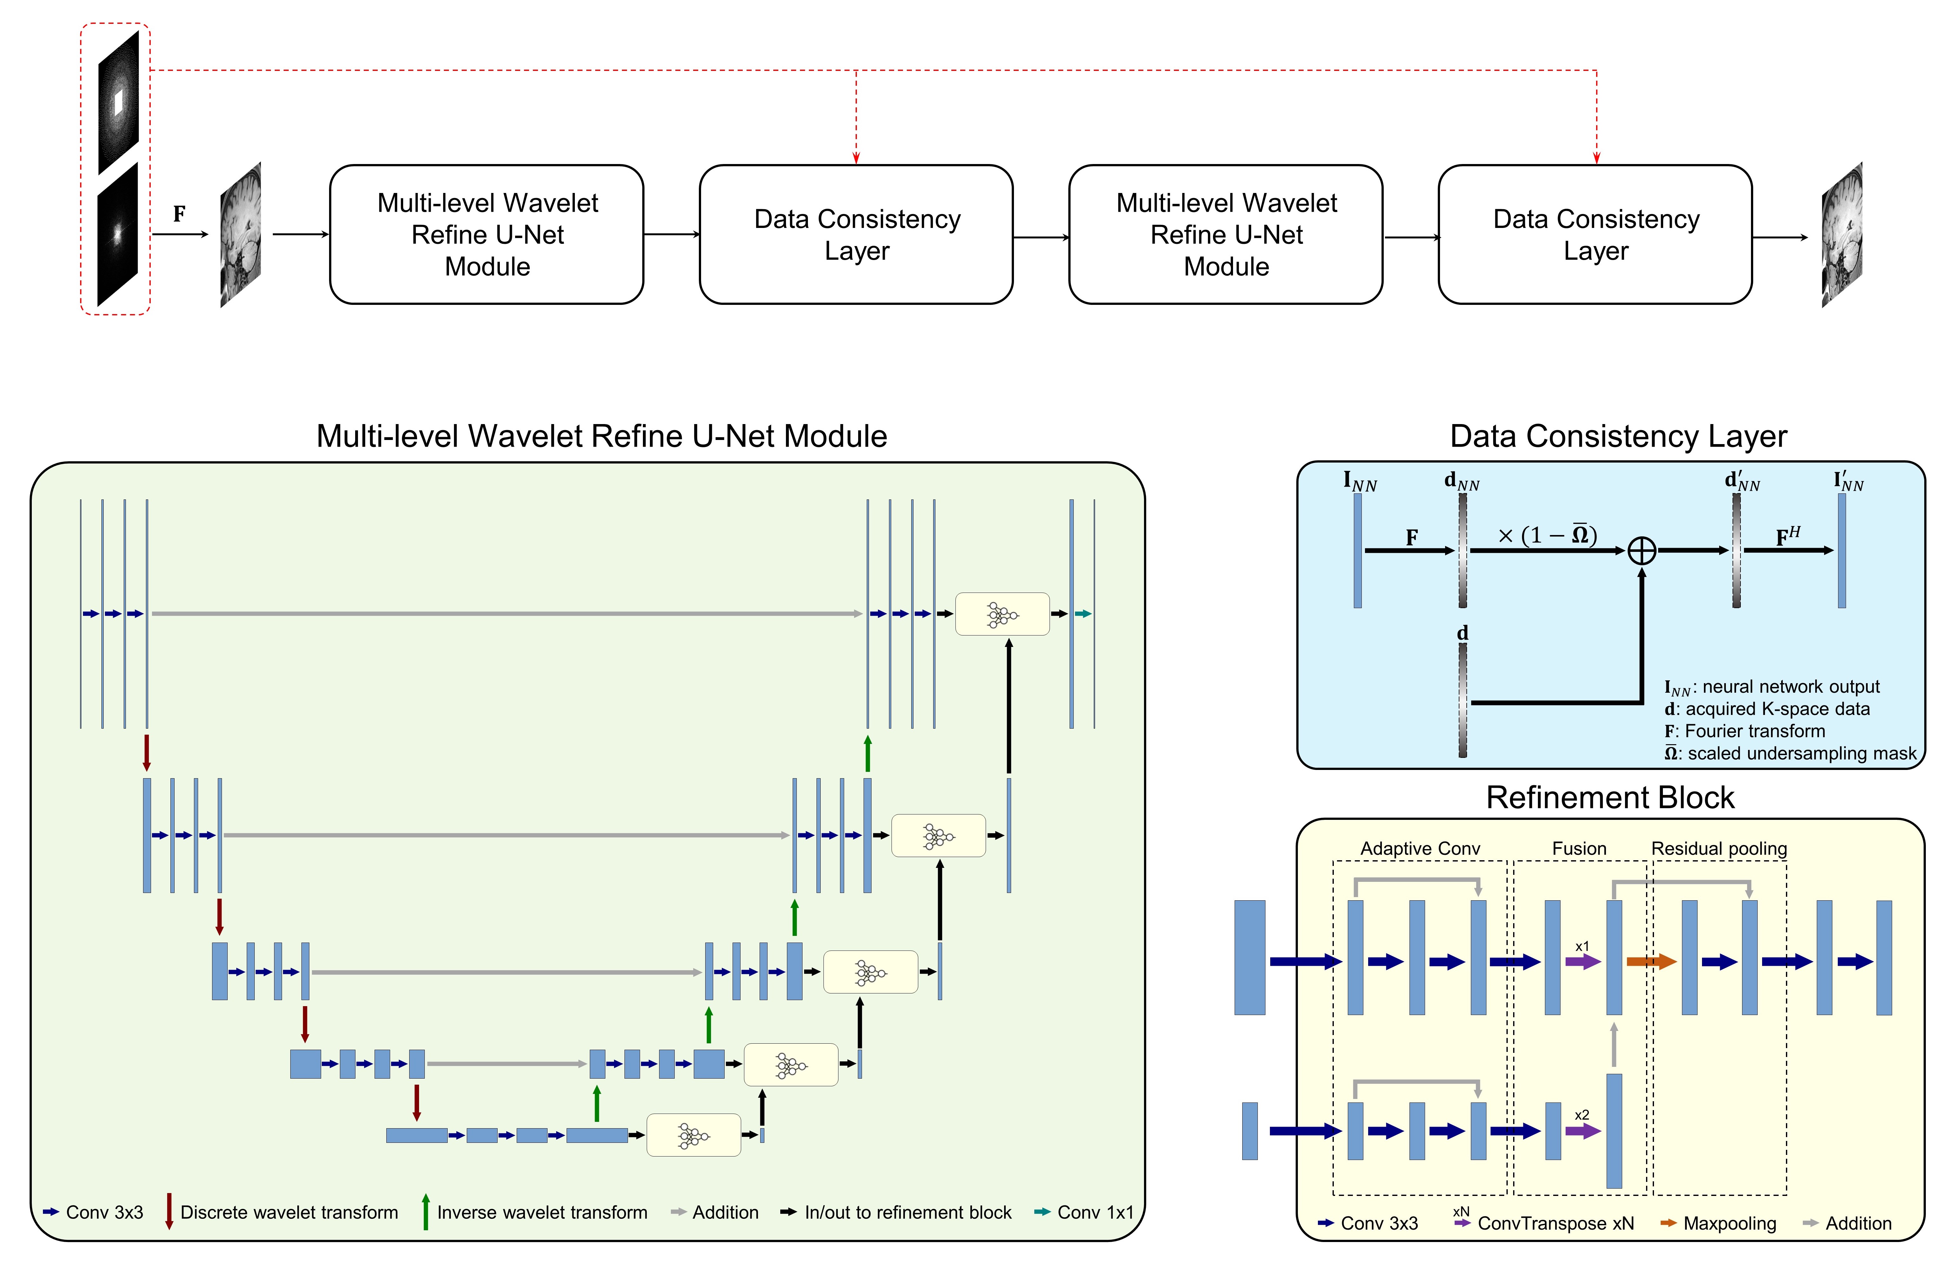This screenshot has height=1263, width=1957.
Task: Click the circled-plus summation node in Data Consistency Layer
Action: tap(1641, 550)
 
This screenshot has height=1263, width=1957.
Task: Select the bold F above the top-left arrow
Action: tap(179, 214)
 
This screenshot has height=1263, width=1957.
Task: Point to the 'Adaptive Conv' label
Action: tap(1420, 849)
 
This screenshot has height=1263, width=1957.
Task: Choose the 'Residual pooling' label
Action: tap(1718, 849)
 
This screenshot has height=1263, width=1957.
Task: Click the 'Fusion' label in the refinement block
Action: tap(1579, 849)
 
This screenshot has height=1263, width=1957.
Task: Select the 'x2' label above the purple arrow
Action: tap(1581, 1115)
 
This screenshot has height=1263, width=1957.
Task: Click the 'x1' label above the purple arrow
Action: tap(1581, 946)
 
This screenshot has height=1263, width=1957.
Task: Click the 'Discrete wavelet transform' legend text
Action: tap(289, 1212)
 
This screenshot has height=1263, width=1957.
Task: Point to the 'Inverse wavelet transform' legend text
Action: tap(541, 1212)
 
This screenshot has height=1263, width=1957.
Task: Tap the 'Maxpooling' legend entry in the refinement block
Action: tap(1729, 1224)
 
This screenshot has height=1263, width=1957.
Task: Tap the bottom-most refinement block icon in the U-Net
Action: tap(693, 1135)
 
